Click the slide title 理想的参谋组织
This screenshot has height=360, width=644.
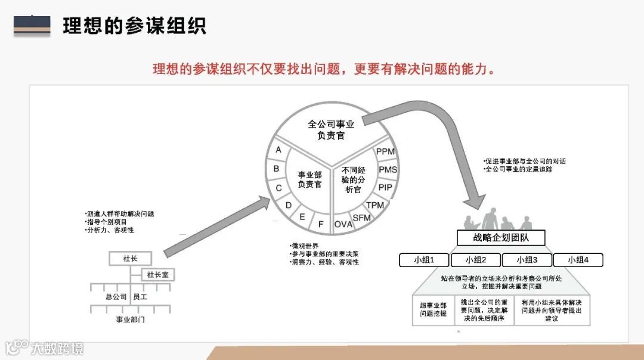(x=134, y=26)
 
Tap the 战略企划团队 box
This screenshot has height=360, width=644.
(x=501, y=238)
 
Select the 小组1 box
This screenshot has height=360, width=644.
(x=424, y=260)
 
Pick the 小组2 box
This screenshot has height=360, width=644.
(x=475, y=260)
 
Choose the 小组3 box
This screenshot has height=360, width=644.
(x=527, y=260)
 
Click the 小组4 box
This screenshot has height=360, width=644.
(x=578, y=260)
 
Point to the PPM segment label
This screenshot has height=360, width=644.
(x=385, y=151)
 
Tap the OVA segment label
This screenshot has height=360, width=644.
(x=343, y=224)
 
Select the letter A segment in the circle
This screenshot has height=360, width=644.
(x=278, y=150)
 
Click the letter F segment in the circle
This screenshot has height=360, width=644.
(x=321, y=224)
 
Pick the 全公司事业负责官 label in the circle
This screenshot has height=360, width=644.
(x=331, y=130)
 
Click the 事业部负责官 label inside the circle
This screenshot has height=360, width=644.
(x=310, y=179)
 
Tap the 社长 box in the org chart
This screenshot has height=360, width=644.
(x=130, y=259)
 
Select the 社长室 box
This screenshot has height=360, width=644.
(x=157, y=275)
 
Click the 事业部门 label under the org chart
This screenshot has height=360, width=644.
(x=130, y=319)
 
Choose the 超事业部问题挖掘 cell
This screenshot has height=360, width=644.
(x=433, y=309)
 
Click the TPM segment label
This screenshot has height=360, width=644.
(x=374, y=205)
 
